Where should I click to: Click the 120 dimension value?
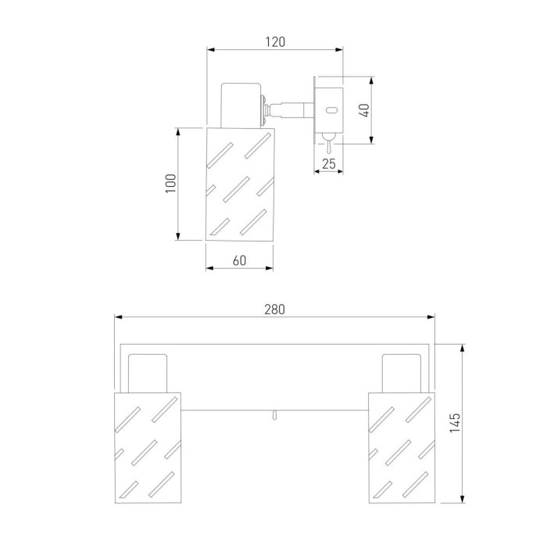point(275,42)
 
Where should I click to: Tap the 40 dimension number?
point(364,110)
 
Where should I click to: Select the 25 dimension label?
point(329,163)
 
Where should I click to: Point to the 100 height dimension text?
point(171,184)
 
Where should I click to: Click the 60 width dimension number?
point(239,260)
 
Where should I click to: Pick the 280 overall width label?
point(274,309)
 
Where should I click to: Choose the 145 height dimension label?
point(455,424)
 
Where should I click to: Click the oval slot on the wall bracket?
point(331,111)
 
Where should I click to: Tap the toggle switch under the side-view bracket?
point(329,143)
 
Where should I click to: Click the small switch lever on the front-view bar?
point(275,414)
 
